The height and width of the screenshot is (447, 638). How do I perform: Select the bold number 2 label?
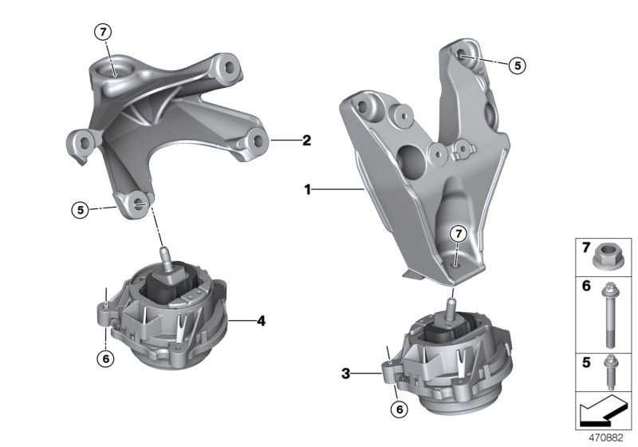(306, 140)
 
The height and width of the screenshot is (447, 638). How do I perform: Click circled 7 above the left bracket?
(103, 32)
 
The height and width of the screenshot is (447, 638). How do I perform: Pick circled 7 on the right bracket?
(457, 234)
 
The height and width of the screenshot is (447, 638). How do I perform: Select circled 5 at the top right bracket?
(518, 65)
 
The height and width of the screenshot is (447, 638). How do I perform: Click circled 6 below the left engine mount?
(104, 359)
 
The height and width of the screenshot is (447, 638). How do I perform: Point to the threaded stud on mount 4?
(167, 257)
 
